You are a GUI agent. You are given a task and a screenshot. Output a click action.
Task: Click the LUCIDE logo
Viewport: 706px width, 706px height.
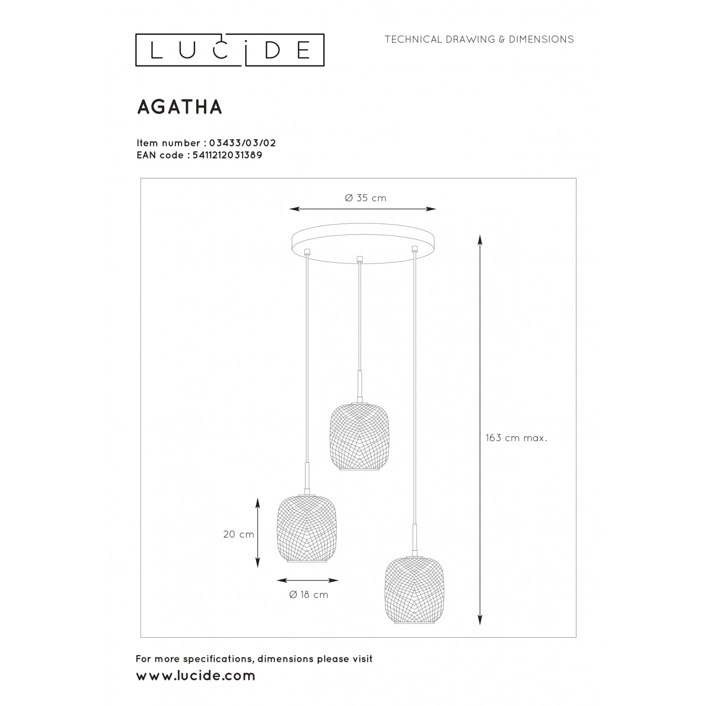pyautogui.click(x=230, y=50)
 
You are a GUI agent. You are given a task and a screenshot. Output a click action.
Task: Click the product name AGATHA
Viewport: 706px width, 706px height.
pyautogui.click(x=179, y=107)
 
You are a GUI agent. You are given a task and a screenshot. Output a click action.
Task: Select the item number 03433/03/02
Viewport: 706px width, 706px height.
pyautogui.click(x=237, y=143)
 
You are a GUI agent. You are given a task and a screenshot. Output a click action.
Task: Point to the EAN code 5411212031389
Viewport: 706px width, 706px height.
pyautogui.click(x=227, y=155)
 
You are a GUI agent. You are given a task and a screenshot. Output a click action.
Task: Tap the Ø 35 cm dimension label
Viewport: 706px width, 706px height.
pyautogui.click(x=366, y=198)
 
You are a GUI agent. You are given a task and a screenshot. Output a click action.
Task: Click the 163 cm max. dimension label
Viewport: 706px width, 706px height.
pyautogui.click(x=516, y=438)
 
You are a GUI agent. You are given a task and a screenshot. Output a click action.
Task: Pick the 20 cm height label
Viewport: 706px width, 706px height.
pyautogui.click(x=239, y=534)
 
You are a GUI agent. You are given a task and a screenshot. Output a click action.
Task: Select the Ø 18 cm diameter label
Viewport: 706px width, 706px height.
pyautogui.click(x=309, y=595)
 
